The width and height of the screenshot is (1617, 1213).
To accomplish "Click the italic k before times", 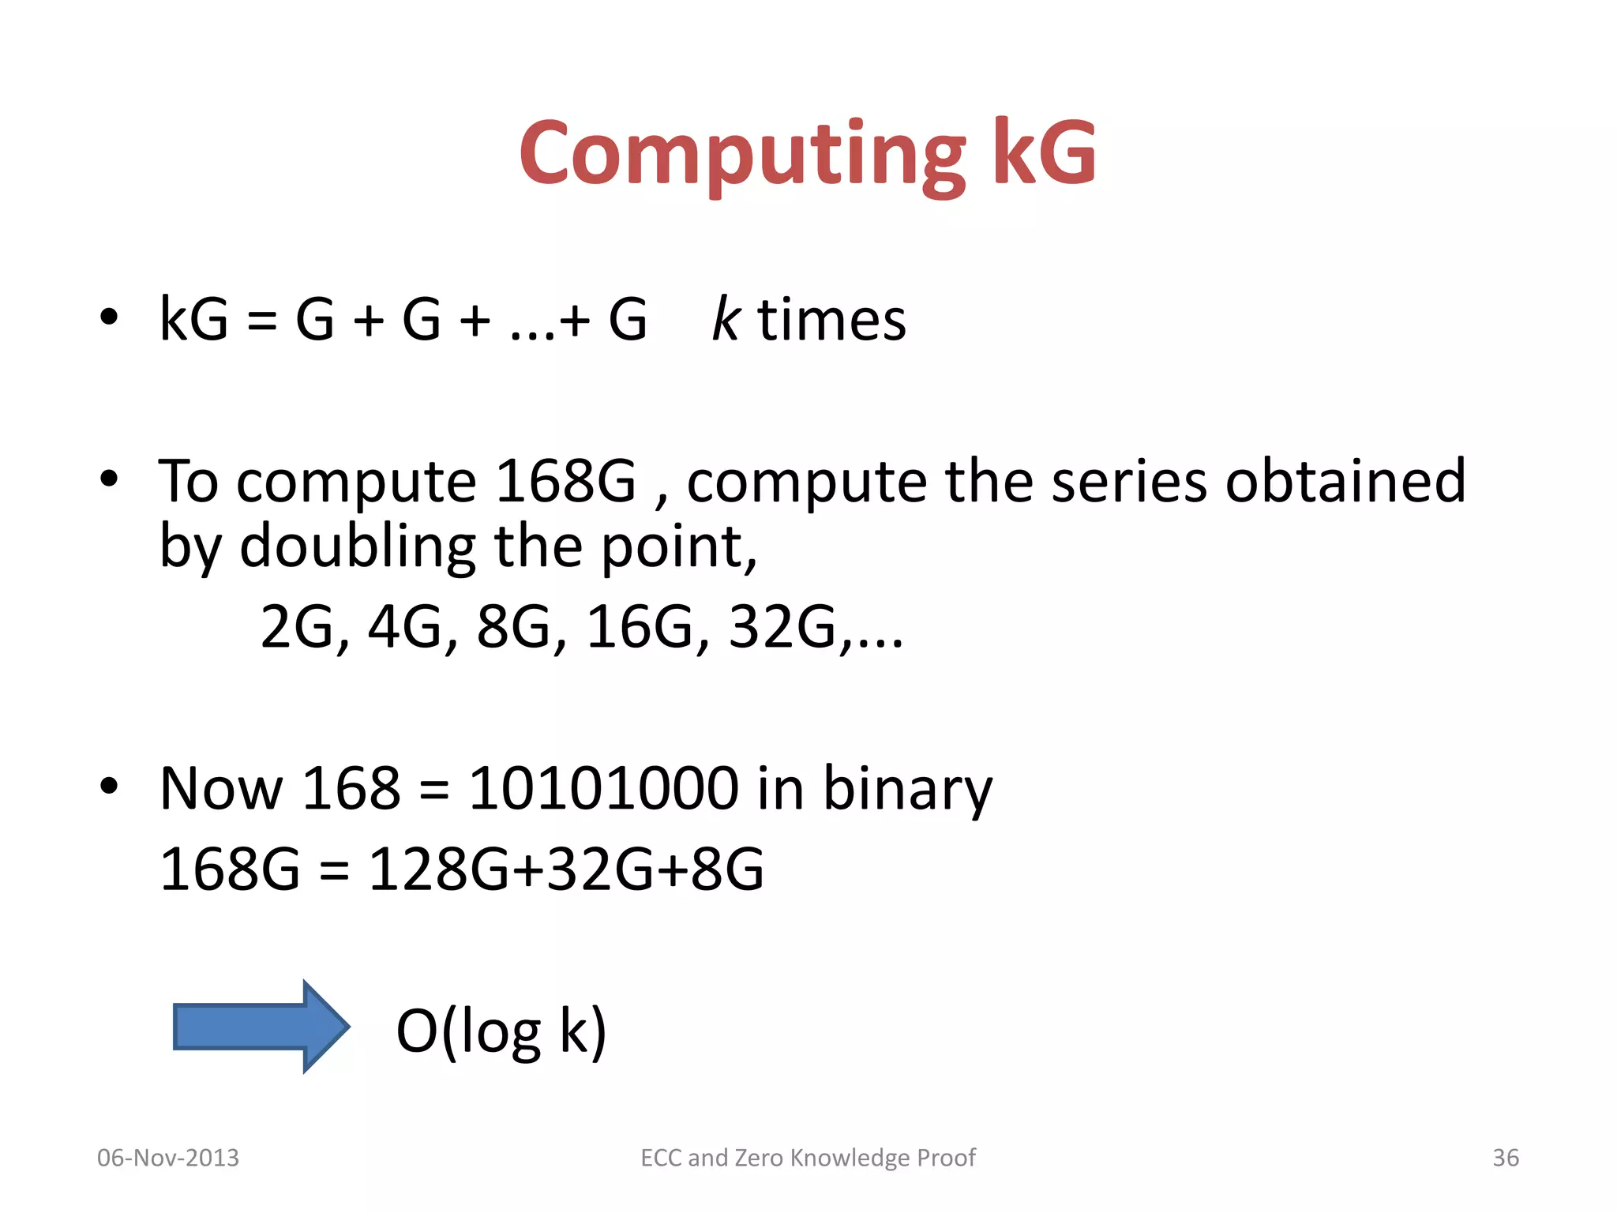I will [x=725, y=320].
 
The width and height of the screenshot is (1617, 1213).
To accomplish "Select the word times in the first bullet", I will [x=831, y=320].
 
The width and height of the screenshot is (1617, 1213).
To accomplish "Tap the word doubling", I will [x=357, y=546].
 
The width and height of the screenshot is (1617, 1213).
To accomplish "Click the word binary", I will [x=907, y=790].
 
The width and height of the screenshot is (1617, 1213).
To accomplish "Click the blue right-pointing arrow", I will [x=261, y=1027].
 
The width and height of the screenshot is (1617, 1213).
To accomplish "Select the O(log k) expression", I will [x=501, y=1031].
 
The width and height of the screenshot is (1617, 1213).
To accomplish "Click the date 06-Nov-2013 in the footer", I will [x=167, y=1158].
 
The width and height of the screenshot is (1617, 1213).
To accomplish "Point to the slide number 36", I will [x=1505, y=1158].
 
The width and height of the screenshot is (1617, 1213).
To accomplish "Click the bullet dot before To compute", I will [x=109, y=479].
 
